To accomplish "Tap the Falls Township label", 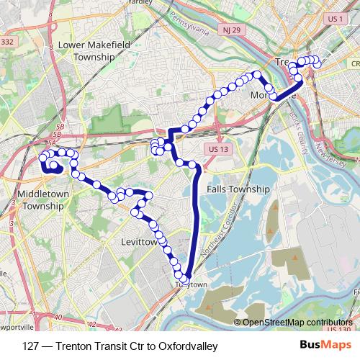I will (x=238, y=189).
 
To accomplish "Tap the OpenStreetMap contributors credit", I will (x=297, y=323).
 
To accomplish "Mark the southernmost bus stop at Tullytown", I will (x=184, y=279).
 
